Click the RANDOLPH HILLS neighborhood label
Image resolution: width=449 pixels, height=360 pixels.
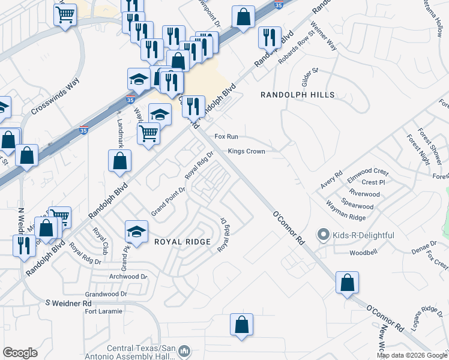[x=298, y=95]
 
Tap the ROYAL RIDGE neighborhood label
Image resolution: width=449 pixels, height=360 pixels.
[x=182, y=242]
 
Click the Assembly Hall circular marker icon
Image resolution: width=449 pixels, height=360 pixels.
[x=185, y=350]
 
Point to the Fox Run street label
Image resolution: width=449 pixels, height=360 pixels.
[x=228, y=137]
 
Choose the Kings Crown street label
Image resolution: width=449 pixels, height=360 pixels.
[x=246, y=151]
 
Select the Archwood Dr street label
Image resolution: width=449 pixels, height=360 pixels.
[x=128, y=277]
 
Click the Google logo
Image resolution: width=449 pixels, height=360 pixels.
[x=20, y=353]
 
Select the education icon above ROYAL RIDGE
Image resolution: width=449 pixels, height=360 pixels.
[x=137, y=232]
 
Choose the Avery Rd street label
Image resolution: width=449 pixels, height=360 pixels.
[x=331, y=179]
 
